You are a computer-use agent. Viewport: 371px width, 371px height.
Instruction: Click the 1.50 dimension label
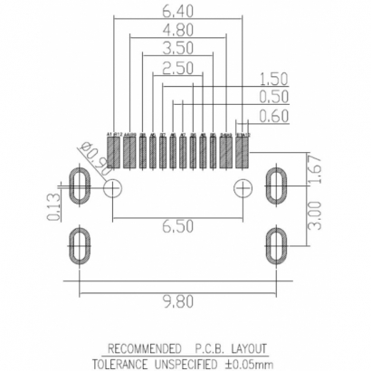273,79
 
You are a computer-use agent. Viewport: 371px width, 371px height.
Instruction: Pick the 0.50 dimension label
273,97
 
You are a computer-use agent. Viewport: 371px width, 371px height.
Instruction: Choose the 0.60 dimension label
273,115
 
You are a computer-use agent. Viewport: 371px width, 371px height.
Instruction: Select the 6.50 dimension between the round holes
176,226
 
